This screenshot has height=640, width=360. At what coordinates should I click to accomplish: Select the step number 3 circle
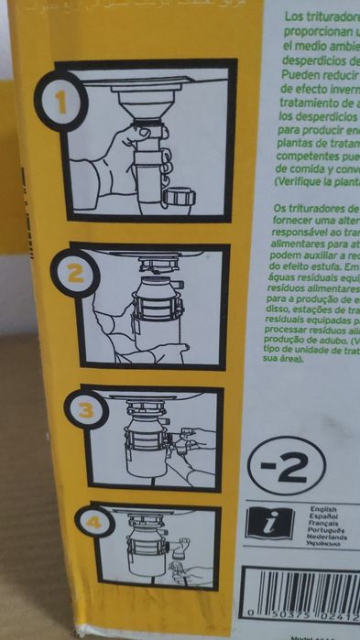[x=87, y=410]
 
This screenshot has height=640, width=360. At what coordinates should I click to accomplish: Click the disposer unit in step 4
[x=147, y=549]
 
